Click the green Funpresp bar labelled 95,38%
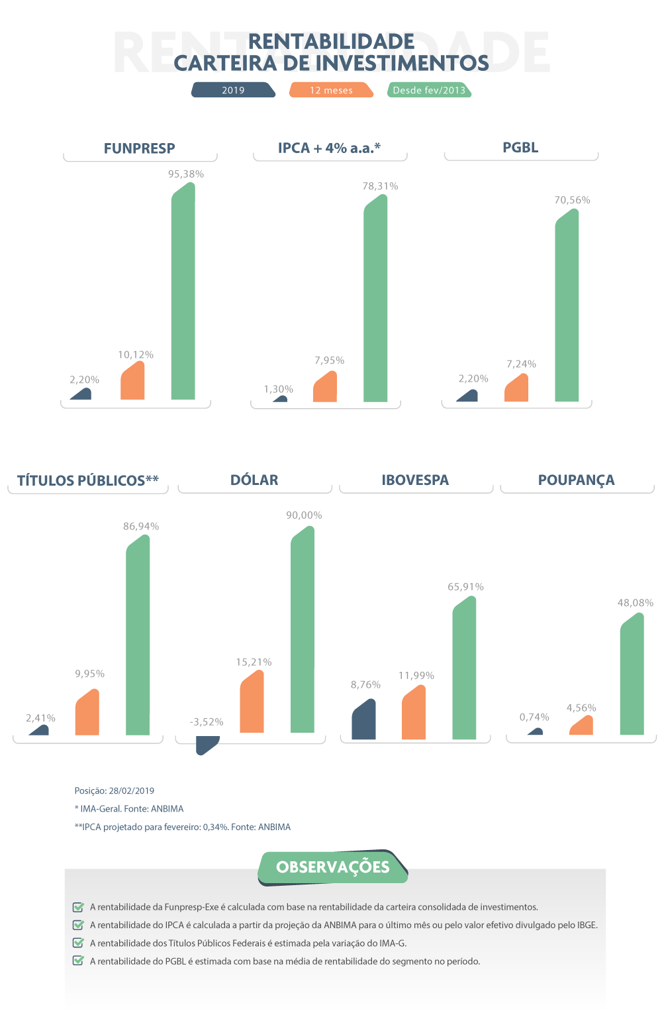pos(183,292)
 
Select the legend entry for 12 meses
pos(331,90)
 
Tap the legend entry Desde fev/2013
pos(429,90)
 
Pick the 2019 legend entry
pos(233,90)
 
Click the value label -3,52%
pos(207,721)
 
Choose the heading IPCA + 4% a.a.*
pos(329,148)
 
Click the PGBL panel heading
pos(520,147)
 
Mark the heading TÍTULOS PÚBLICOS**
pos(88,480)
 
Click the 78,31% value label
pos(380,186)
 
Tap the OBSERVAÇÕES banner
pos(332,867)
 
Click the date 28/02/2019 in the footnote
pos(132,790)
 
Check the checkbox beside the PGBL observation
pos(78,961)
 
